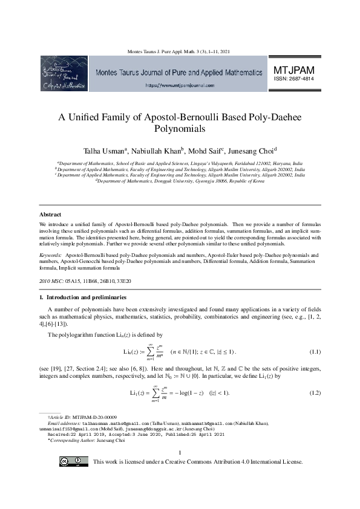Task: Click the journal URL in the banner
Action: [x=180, y=86]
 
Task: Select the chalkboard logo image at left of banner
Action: [x=64, y=73]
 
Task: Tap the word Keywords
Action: [x=50, y=256]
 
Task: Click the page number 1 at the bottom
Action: [x=180, y=452]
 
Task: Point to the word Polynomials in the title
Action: [x=180, y=129]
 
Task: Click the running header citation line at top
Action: [x=180, y=51]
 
